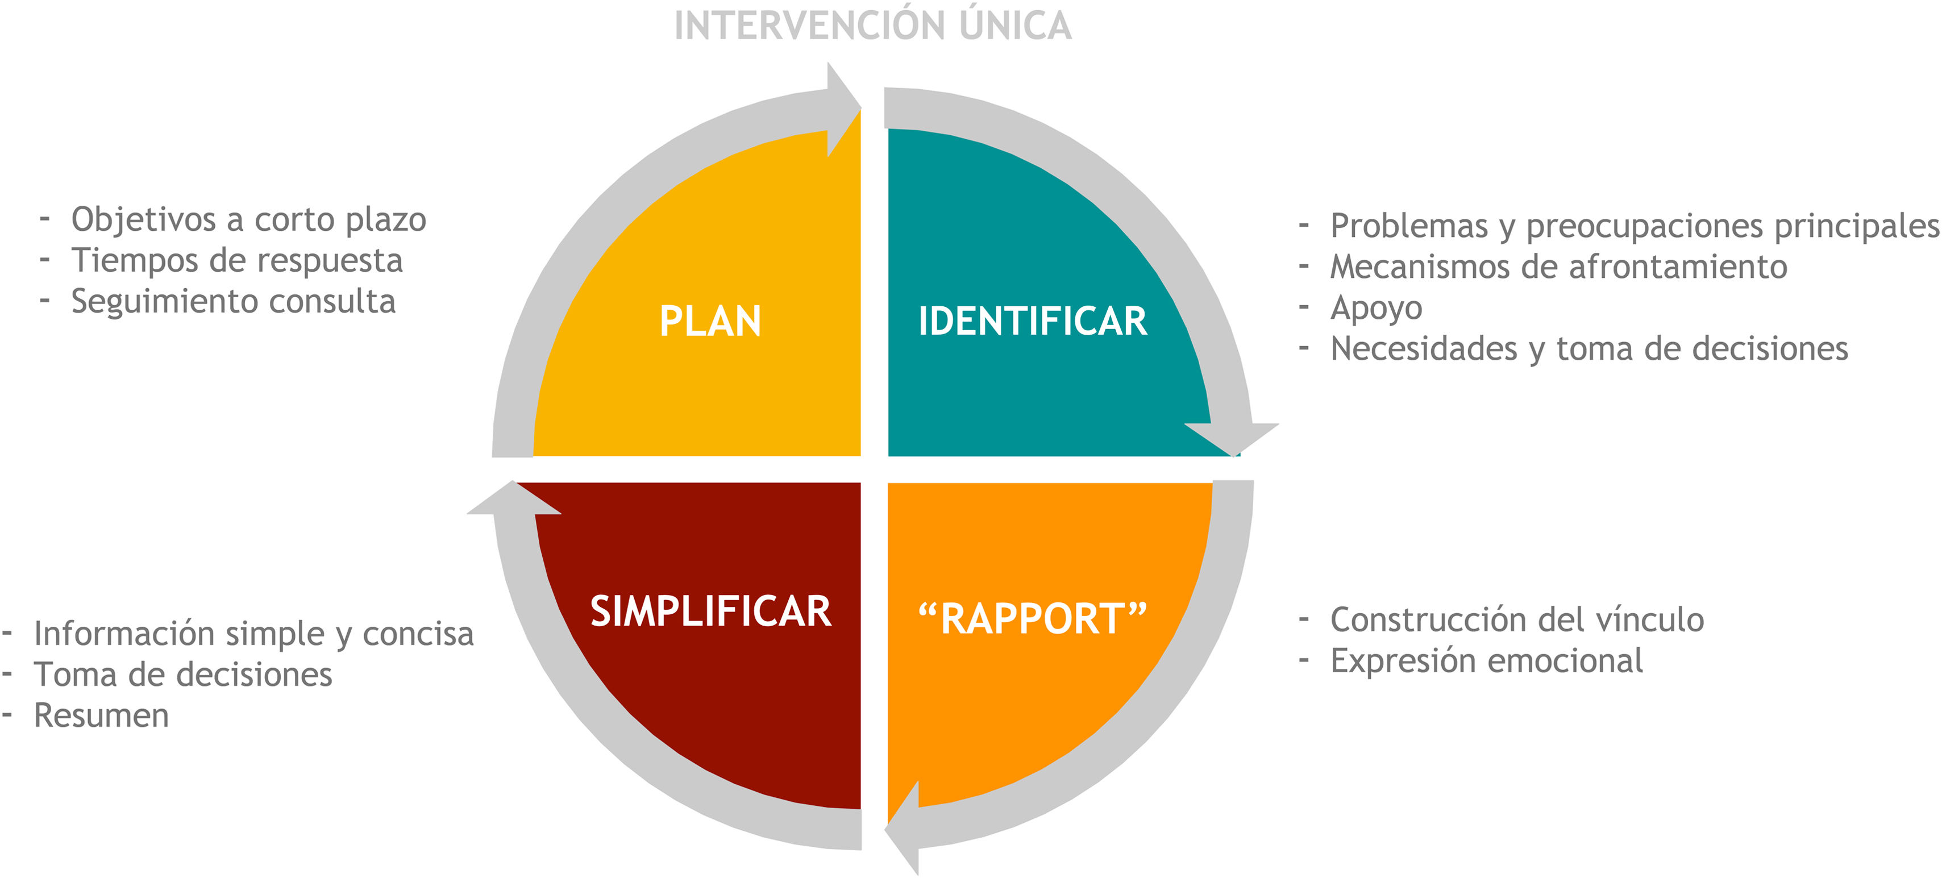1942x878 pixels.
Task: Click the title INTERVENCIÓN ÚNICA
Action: [872, 26]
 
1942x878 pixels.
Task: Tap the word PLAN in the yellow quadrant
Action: [710, 321]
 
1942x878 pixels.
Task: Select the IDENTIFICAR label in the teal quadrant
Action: [1032, 321]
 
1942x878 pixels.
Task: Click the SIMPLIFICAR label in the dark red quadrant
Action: [710, 611]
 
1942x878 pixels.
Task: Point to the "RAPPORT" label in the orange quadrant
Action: [1032, 619]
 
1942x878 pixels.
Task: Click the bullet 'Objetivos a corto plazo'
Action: [249, 220]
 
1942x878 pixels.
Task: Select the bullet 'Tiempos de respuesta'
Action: [237, 261]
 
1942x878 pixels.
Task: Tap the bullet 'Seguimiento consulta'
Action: [233, 301]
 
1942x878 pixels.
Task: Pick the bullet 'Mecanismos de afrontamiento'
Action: [1558, 267]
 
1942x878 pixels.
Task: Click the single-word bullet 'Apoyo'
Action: [1376, 307]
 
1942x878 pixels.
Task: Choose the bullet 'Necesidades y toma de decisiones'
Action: [1589, 349]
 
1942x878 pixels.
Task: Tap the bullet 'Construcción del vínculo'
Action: [1517, 620]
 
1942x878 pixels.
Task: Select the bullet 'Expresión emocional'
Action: [1486, 661]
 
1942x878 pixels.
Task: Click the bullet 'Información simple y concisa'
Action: [253, 634]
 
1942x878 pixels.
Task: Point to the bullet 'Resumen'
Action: [102, 716]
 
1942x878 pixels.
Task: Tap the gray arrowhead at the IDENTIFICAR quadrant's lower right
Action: [1233, 437]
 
